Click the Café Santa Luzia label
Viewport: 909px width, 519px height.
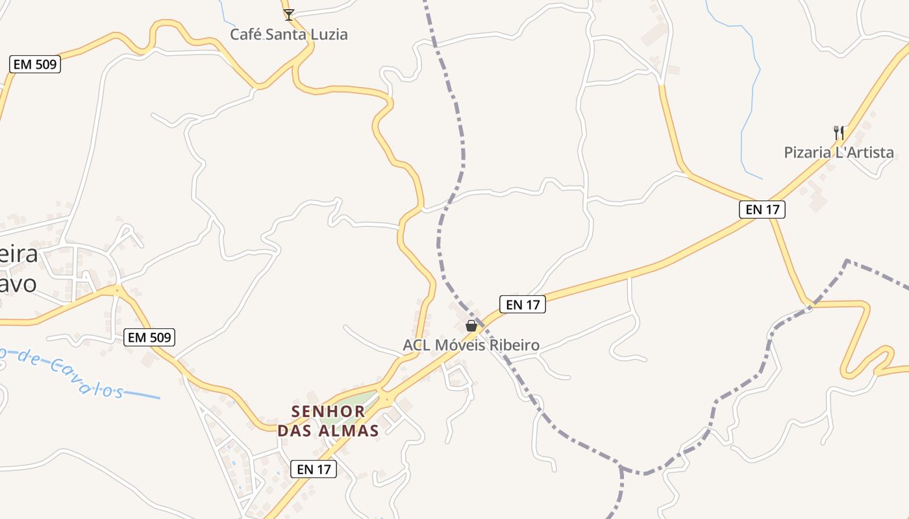pos(289,34)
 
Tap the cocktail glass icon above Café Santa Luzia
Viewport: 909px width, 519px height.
pos(289,14)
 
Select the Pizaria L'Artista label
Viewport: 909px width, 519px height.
pos(839,152)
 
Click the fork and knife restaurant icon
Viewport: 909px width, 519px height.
pos(839,132)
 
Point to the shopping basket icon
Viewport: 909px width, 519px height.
pos(471,326)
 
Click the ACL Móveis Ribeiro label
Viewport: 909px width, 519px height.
pos(471,345)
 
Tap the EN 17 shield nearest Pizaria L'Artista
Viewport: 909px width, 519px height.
pos(762,209)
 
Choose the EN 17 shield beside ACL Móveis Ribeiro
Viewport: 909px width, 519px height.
pos(523,304)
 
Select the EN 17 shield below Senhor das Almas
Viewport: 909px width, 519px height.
pos(314,469)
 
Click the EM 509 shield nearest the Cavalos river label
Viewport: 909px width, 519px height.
pos(149,337)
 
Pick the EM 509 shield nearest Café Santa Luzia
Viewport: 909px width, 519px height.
pos(36,64)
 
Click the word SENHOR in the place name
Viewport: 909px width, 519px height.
pos(329,411)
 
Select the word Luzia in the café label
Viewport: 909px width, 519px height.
pos(327,34)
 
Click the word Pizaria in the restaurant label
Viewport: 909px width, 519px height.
pos(808,152)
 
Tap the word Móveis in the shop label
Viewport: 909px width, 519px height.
pos(458,345)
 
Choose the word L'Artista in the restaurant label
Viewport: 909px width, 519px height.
pos(864,152)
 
